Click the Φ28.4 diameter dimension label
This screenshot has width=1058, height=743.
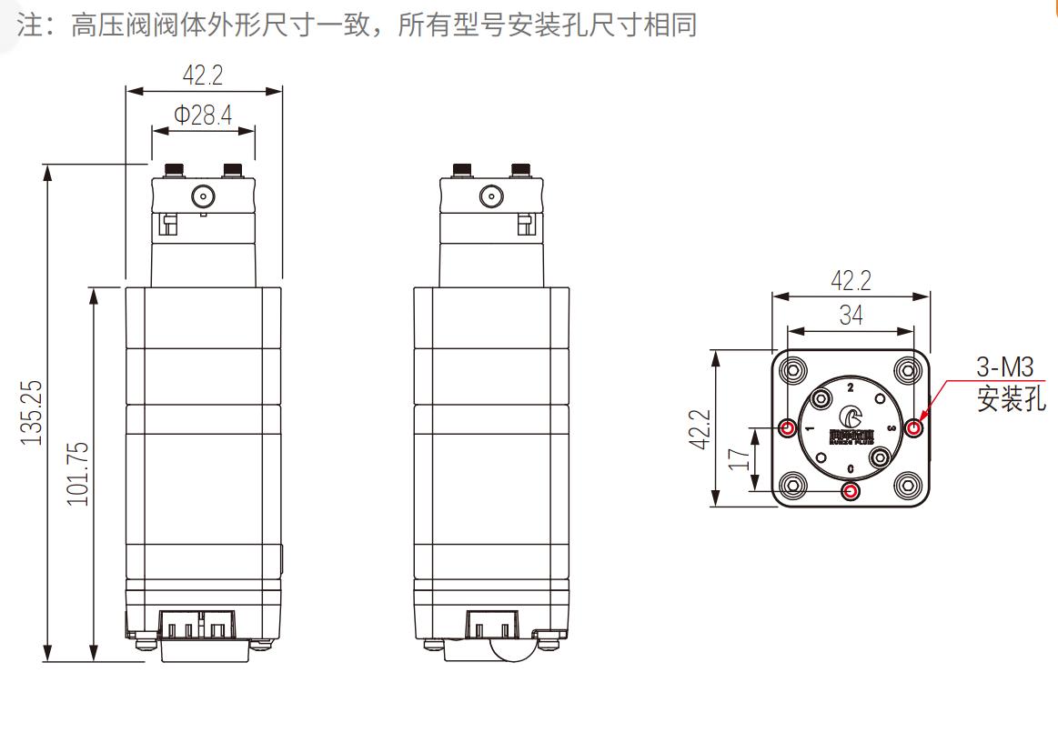(x=203, y=115)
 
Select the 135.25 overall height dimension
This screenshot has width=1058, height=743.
(x=32, y=412)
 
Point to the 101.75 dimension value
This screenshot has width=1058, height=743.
(x=78, y=473)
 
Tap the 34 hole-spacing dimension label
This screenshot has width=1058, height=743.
(x=851, y=316)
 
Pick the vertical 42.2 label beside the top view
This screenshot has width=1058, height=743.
(x=700, y=428)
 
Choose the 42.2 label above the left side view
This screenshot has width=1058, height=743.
(x=202, y=75)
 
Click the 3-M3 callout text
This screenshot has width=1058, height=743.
(x=1004, y=368)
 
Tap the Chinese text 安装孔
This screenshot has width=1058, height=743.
(x=1011, y=398)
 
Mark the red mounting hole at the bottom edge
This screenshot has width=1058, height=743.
(x=851, y=492)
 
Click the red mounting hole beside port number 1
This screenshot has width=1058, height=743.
(x=787, y=427)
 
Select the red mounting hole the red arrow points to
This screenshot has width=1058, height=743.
(x=914, y=427)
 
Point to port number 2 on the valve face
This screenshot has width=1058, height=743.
(x=851, y=387)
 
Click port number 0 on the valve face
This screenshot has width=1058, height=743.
(x=851, y=468)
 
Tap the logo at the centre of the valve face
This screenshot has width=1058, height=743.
(x=851, y=419)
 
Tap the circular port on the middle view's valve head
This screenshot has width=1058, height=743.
(x=490, y=196)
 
